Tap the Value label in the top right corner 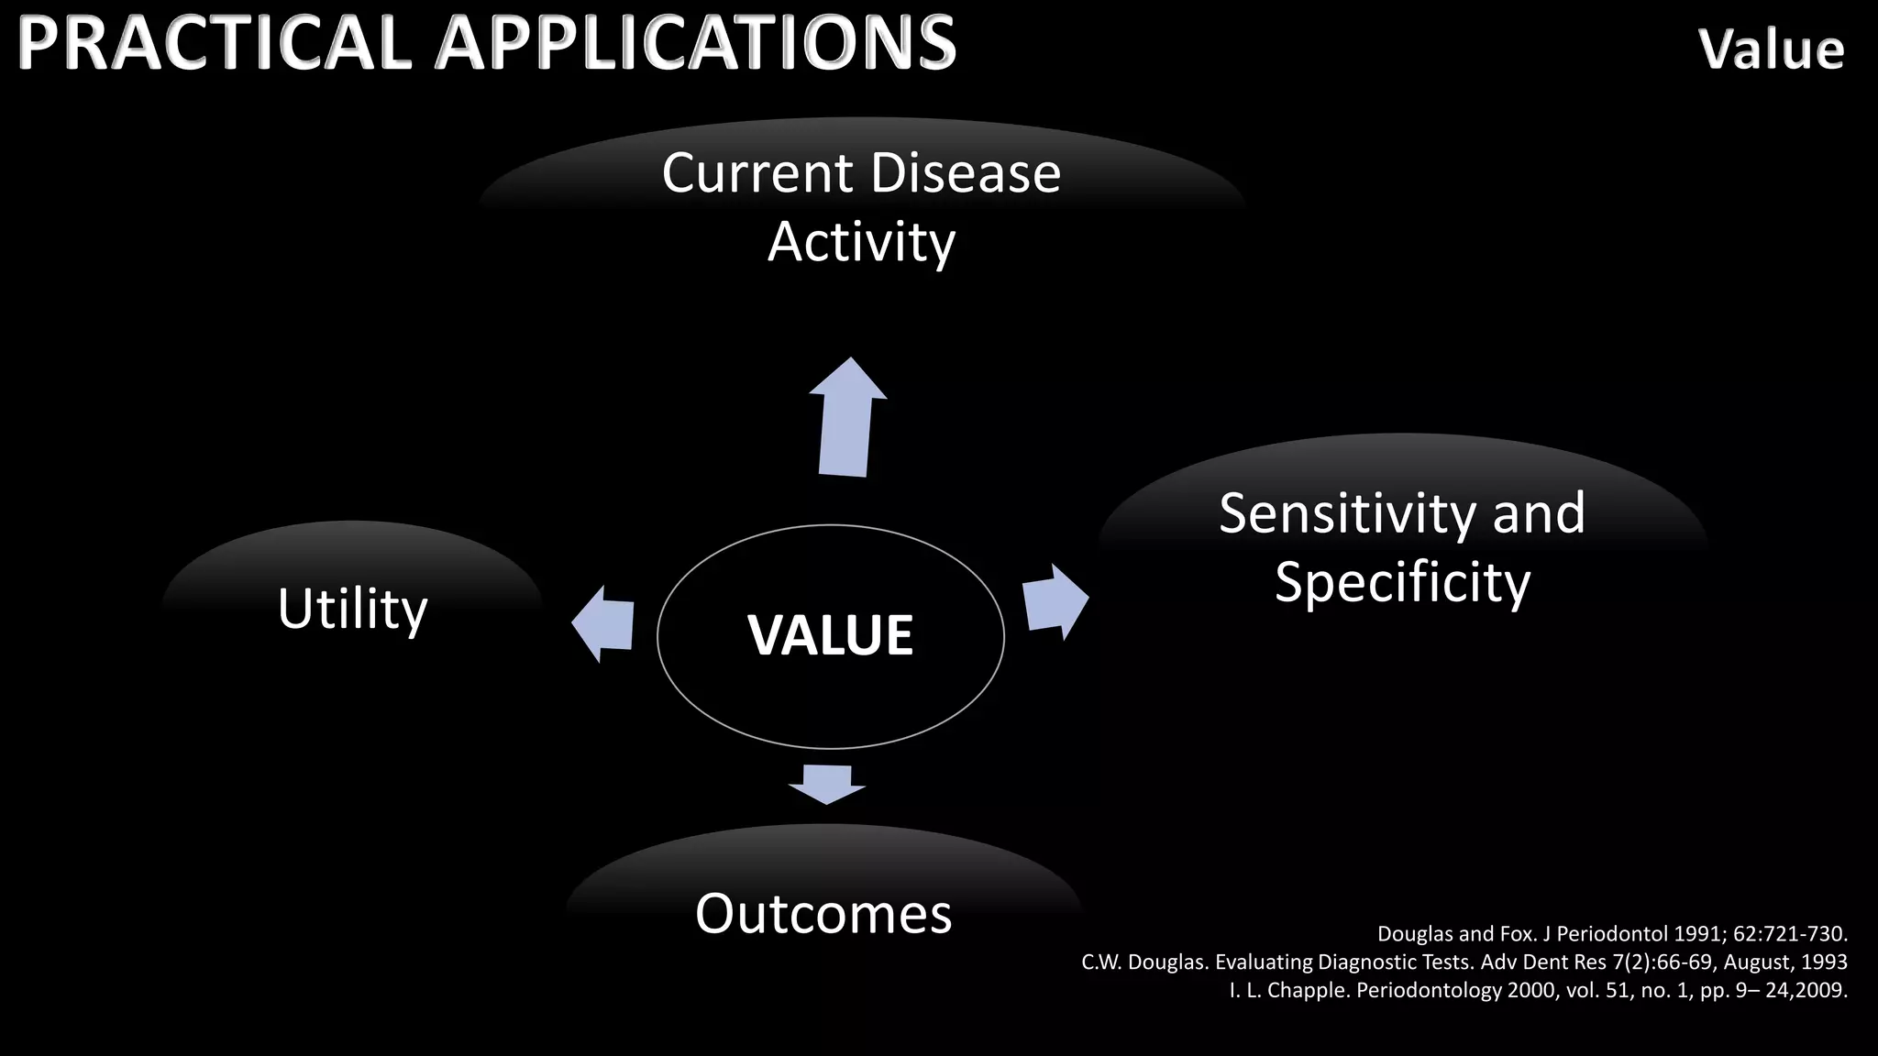click(x=1771, y=49)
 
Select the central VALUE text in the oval click(x=830, y=634)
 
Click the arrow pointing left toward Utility click(x=603, y=623)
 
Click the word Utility click(x=352, y=609)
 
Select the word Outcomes click(x=823, y=914)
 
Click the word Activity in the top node click(x=861, y=242)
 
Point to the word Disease click(x=965, y=172)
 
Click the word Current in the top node click(x=757, y=172)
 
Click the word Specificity click(x=1402, y=583)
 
